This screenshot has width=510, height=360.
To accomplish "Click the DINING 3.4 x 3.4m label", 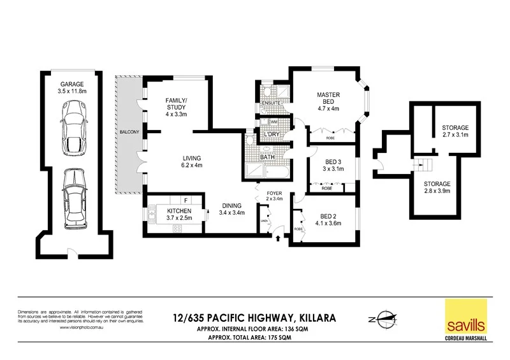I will pyautogui.click(x=231, y=209).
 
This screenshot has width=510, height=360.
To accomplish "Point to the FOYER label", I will pyautogui.click(x=273, y=194).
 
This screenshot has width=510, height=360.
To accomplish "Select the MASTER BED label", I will pyautogui.click(x=328, y=99).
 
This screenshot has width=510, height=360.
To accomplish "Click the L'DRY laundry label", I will pyautogui.click(x=272, y=134).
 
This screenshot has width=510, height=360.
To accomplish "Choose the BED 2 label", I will pyautogui.click(x=328, y=219).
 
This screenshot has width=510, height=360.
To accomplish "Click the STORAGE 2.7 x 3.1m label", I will pyautogui.click(x=455, y=131).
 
